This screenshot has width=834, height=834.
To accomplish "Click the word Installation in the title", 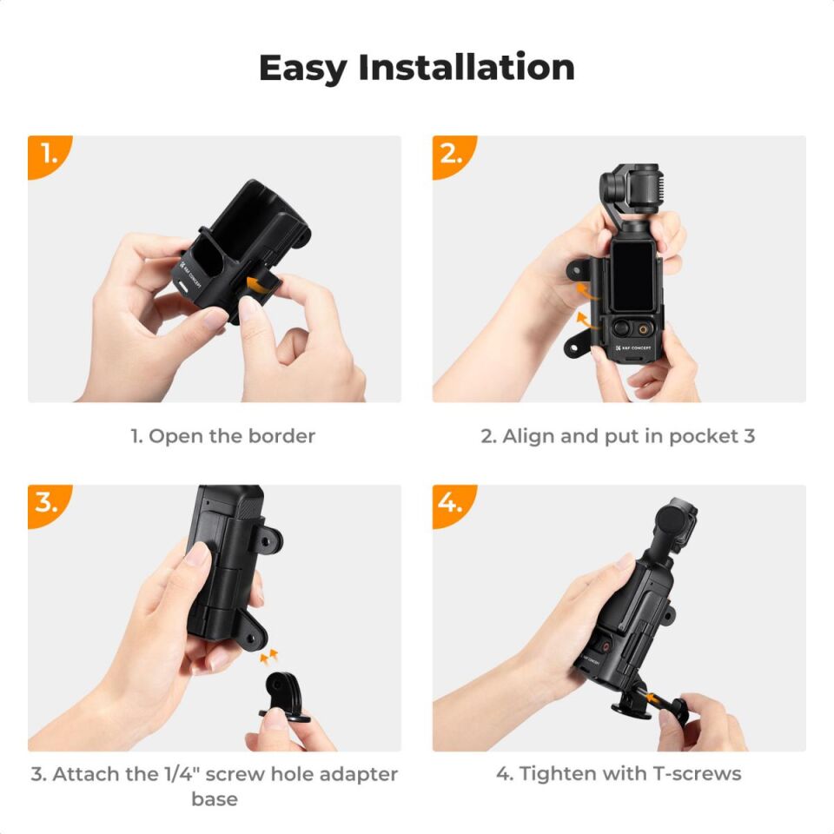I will pyautogui.click(x=467, y=68).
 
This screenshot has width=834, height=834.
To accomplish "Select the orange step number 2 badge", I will pyautogui.click(x=452, y=154).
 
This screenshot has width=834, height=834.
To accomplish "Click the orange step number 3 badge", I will pyautogui.click(x=47, y=503).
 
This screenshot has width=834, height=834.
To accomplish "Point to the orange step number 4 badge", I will pyautogui.click(x=452, y=503).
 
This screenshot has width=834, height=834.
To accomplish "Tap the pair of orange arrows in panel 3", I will pyautogui.click(x=270, y=654).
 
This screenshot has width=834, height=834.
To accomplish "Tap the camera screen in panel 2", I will pyautogui.click(x=632, y=274).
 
